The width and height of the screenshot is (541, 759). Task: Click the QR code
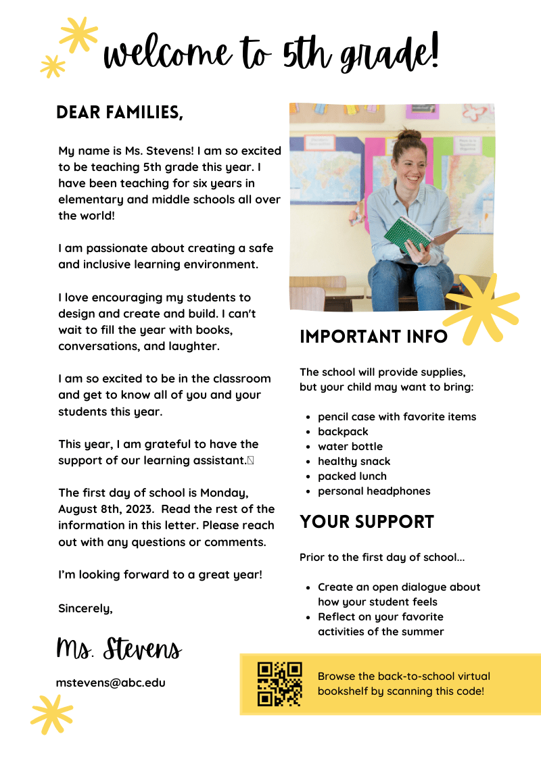(x=279, y=684)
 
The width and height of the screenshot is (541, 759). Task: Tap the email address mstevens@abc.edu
(x=110, y=683)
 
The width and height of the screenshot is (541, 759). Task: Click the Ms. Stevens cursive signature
(x=119, y=649)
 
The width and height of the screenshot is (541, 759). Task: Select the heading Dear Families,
(x=120, y=112)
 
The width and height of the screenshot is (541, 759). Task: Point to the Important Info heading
(x=373, y=337)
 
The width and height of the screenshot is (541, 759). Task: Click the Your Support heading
(x=367, y=522)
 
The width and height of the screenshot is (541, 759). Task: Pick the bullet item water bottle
(x=350, y=447)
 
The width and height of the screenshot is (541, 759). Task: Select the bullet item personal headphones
(x=374, y=491)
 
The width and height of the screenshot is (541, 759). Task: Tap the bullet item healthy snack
(x=354, y=462)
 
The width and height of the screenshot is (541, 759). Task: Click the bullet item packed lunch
(x=352, y=476)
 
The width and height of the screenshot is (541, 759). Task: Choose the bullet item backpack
(x=343, y=432)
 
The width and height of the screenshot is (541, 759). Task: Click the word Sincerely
(x=85, y=608)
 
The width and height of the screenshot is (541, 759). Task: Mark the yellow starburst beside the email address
(x=51, y=714)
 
